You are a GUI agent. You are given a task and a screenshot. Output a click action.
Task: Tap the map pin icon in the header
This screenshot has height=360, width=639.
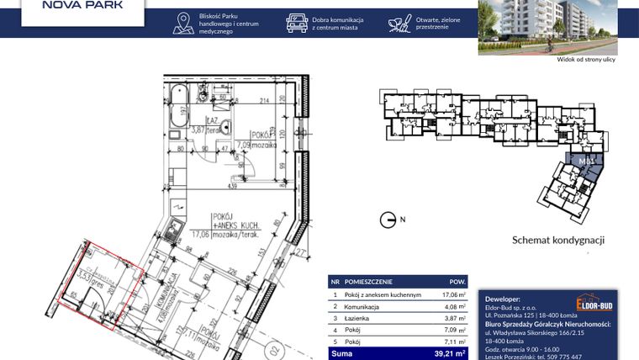tap(182, 24)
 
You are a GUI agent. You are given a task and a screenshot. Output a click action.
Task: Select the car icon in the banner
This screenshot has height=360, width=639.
tap(297, 23)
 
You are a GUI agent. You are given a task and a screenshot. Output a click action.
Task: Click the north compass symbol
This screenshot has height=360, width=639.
tap(388, 220)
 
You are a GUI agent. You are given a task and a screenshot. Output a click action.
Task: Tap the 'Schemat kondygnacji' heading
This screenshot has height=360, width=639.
tap(558, 240)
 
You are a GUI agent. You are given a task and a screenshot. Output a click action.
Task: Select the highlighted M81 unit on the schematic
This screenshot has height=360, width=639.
tap(586, 160)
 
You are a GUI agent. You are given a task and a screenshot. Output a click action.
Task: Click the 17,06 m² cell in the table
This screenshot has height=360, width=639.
tap(453, 295)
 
